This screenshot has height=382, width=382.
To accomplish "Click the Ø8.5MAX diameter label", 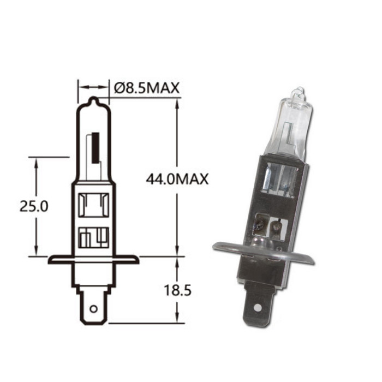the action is click(146, 88).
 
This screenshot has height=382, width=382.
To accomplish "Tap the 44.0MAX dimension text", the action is click(177, 180).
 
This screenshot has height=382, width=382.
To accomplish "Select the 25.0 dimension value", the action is click(34, 206).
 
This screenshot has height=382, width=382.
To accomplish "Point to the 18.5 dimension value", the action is click(177, 290).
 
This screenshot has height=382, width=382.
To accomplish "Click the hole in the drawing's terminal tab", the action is click(93, 309).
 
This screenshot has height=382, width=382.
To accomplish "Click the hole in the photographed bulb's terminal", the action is click(257, 308).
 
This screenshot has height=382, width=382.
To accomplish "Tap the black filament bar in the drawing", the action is click(95, 148).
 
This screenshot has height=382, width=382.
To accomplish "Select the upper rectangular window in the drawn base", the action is click(93, 205).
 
